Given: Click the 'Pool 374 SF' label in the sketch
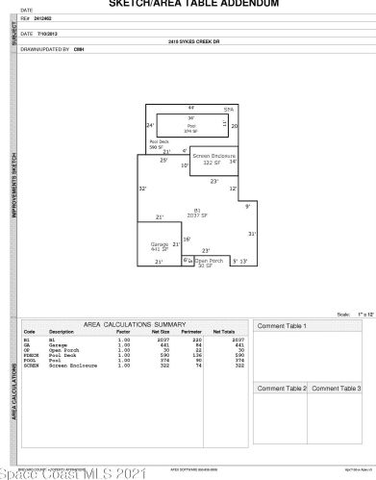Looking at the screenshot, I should click(191, 128).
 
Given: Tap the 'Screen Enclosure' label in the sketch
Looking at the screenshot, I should click(213, 159).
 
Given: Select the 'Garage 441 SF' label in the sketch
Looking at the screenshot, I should click(160, 248).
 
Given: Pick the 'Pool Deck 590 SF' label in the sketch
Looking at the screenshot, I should click(158, 145).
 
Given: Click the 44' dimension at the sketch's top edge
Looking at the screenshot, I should click(191, 107).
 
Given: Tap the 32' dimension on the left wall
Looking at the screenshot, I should click(142, 189).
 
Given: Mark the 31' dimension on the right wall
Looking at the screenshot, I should click(252, 234).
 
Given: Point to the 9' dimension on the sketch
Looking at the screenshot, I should click(247, 207).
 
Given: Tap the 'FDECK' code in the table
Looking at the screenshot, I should click(31, 355).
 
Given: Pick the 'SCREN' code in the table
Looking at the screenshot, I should click(31, 366).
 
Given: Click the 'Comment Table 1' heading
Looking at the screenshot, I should click(282, 327).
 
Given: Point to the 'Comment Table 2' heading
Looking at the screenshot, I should click(282, 388).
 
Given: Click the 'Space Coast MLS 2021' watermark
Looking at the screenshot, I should click(73, 472).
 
